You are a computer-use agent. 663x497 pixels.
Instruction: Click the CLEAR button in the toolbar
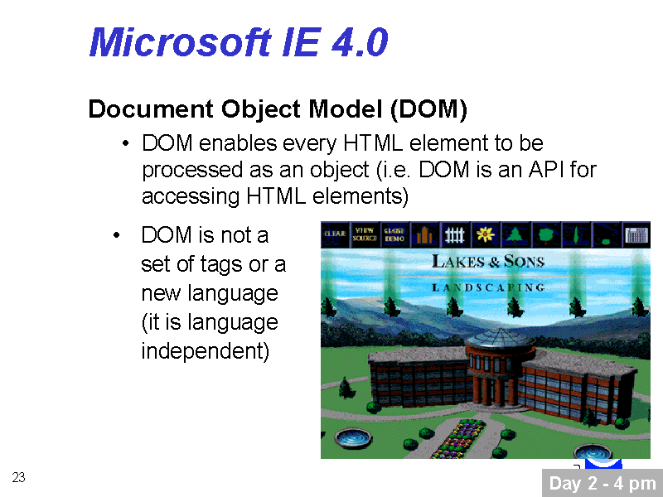tap(336, 234)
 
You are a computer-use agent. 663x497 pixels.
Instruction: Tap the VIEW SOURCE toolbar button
tap(365, 234)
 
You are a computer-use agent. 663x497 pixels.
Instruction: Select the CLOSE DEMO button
tap(394, 234)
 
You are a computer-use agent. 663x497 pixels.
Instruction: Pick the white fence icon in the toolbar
tap(455, 234)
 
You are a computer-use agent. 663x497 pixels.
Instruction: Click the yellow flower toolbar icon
tap(486, 234)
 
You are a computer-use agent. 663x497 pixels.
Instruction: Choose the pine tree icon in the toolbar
tap(515, 234)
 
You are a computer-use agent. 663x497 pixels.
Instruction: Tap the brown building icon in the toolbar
tap(424, 234)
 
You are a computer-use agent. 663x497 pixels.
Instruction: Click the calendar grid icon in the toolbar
tap(636, 234)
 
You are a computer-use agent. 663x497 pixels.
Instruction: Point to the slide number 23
tap(18, 477)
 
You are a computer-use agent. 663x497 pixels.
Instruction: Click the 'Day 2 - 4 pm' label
tap(603, 483)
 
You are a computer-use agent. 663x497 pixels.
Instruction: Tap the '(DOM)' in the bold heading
tap(428, 109)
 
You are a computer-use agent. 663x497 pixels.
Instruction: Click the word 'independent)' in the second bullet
tap(206, 351)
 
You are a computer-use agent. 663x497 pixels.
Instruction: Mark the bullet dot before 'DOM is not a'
tap(117, 235)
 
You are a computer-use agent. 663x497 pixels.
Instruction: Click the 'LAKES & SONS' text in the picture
tap(488, 261)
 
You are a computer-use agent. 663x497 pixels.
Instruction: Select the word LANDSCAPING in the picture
tap(488, 287)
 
